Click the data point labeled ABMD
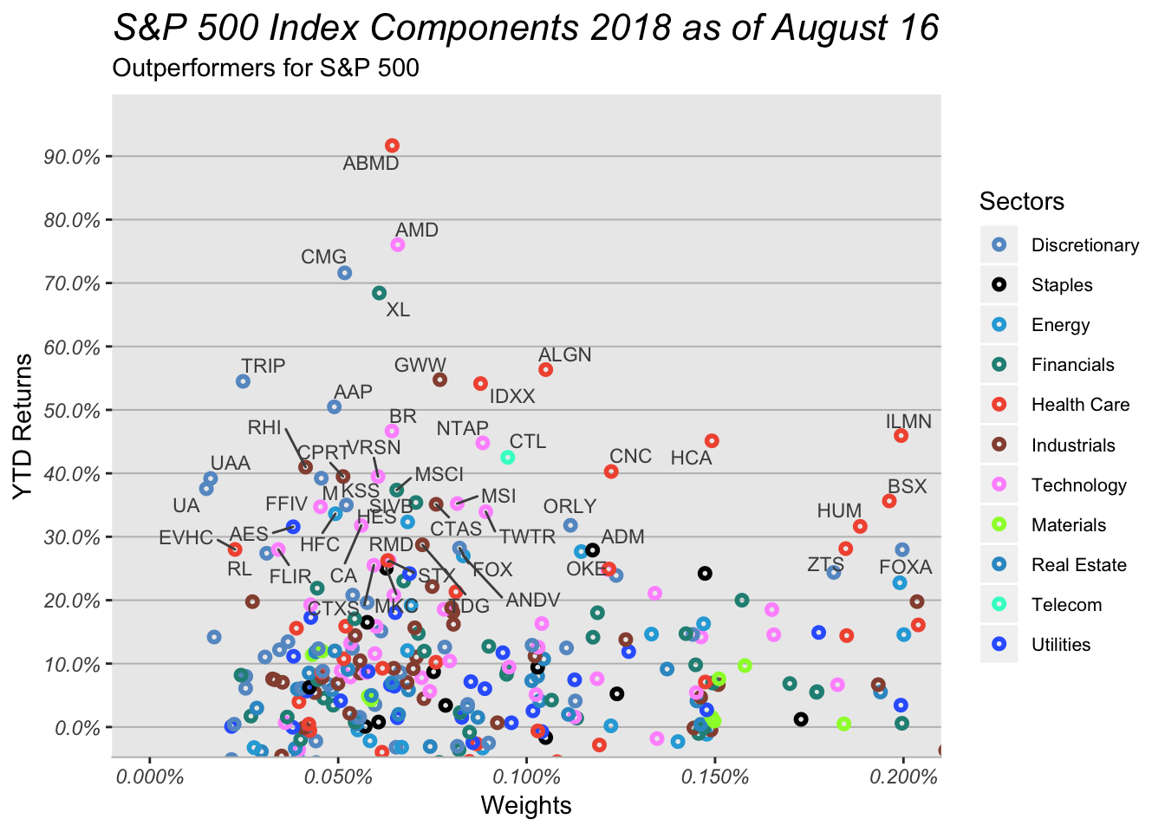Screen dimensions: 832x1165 392,146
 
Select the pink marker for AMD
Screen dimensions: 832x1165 398,245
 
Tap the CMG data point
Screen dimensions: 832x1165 344,273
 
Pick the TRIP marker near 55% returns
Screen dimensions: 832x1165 244,381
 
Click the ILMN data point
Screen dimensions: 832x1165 901,435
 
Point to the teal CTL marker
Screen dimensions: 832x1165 508,457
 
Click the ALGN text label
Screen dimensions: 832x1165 564,354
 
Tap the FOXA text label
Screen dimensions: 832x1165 905,568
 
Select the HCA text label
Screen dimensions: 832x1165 691,458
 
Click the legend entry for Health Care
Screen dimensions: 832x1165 1080,405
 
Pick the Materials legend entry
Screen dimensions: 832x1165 1074,525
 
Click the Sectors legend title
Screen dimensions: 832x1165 1022,202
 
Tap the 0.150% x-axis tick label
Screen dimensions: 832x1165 714,777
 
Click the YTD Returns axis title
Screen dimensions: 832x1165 23,426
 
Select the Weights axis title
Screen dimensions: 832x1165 526,806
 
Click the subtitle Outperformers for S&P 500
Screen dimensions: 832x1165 266,68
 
